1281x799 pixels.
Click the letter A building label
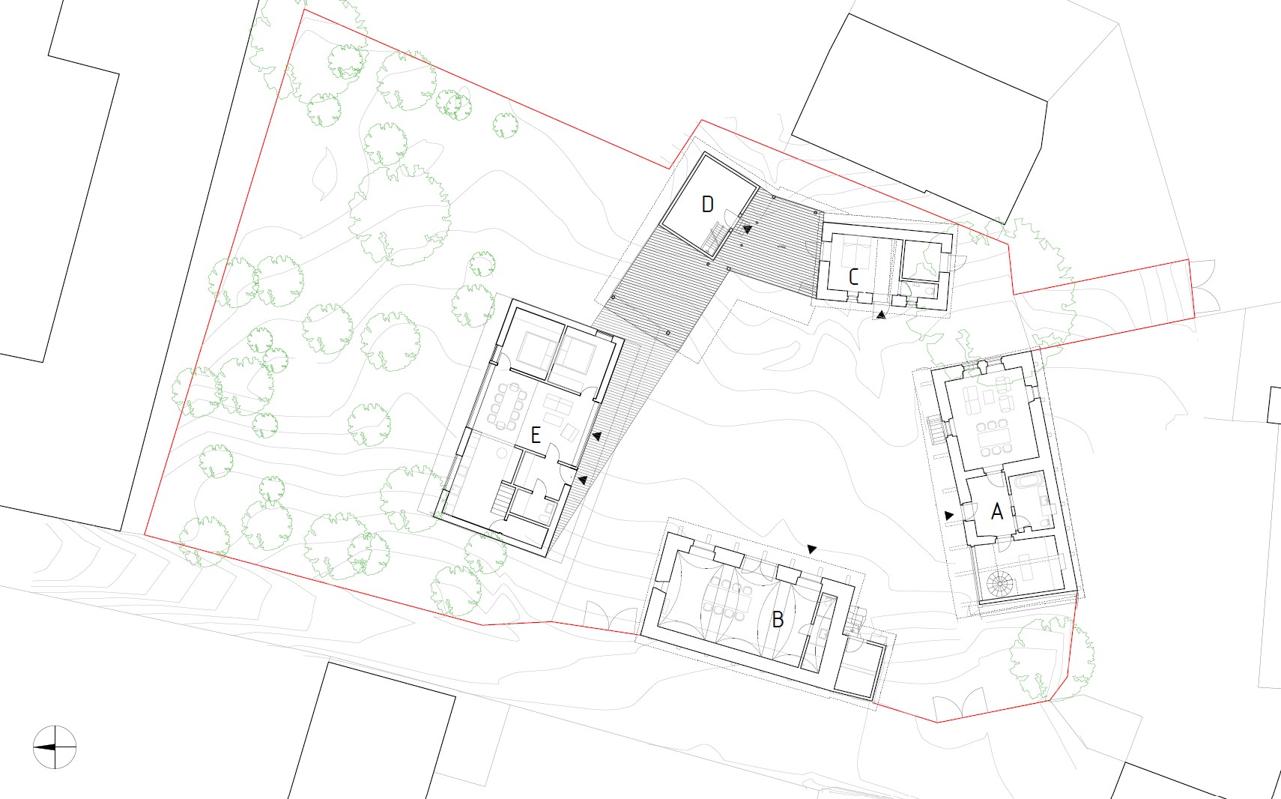(x=997, y=511)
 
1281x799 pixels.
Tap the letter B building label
(x=777, y=619)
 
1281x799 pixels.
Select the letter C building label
(x=853, y=277)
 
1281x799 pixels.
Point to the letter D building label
(x=707, y=205)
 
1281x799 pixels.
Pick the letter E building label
(x=536, y=435)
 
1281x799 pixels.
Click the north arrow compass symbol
(x=55, y=747)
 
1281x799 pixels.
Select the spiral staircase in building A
(x=999, y=585)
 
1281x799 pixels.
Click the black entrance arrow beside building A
(x=949, y=516)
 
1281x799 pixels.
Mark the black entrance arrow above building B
(x=811, y=549)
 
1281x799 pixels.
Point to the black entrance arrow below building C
(x=881, y=314)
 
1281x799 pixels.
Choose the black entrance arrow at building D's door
(x=747, y=229)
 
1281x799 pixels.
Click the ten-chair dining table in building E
(x=506, y=407)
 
